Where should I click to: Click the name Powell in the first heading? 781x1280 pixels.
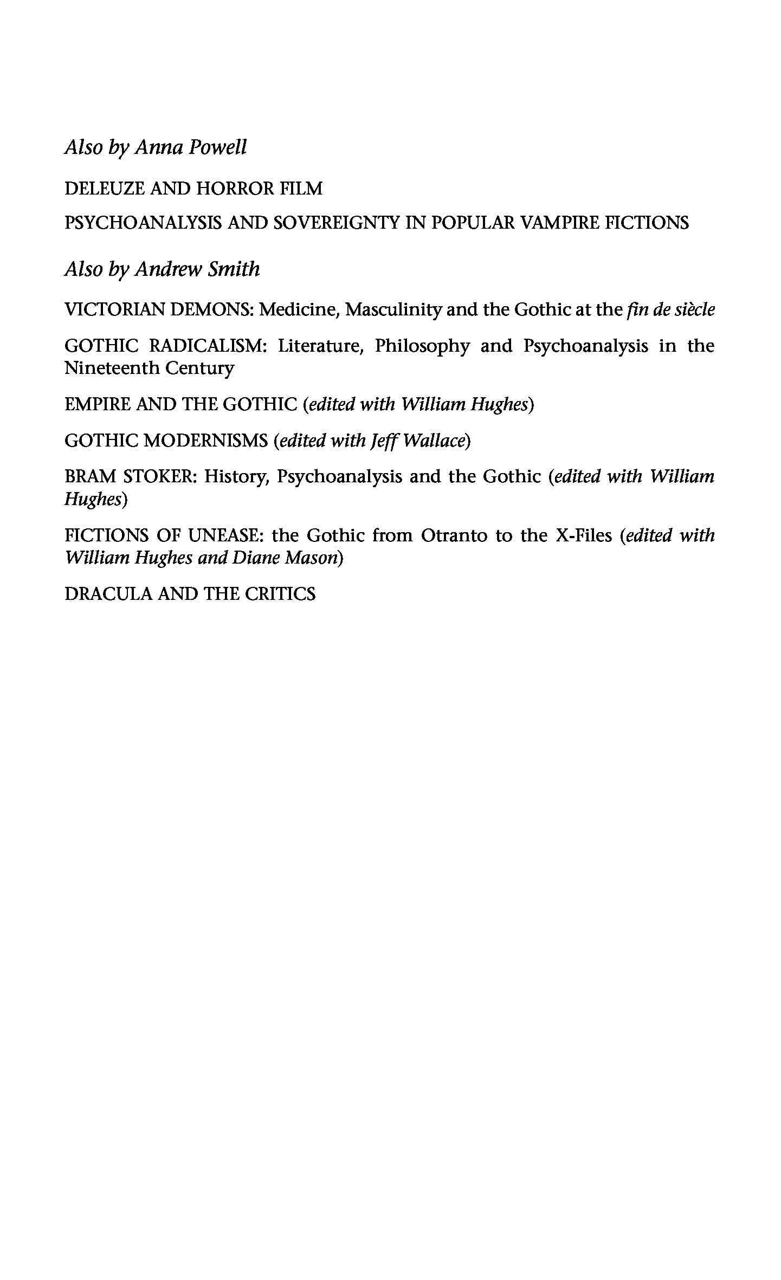[x=217, y=147]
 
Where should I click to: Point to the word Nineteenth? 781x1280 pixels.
[x=111, y=369]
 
